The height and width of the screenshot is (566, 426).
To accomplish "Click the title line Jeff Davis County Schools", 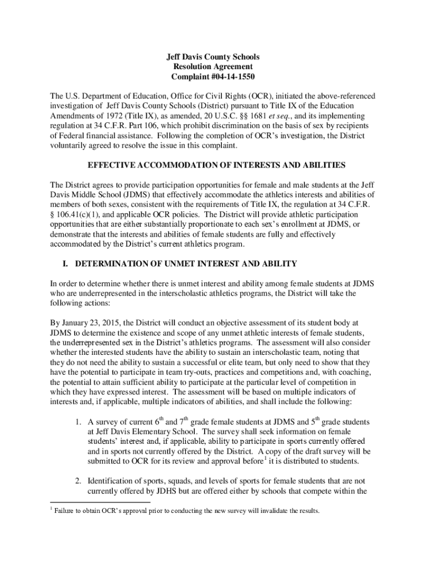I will pos(213,57).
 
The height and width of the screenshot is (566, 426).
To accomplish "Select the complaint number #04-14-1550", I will pos(231,77).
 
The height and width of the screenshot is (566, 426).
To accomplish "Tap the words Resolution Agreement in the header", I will pos(213,67).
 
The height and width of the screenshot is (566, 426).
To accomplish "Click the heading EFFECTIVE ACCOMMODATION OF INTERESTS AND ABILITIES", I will pos(213,165).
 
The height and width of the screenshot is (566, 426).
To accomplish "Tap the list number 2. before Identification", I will pos(79,481).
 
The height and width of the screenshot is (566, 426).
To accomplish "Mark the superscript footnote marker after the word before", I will pos(266,458).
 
